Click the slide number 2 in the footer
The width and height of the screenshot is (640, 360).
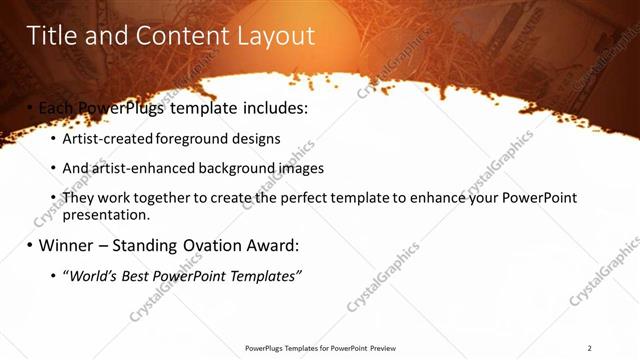click(x=590, y=348)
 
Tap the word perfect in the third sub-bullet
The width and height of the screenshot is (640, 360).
click(x=292, y=198)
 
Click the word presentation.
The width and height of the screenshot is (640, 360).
click(x=105, y=214)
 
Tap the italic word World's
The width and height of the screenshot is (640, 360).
click(x=92, y=275)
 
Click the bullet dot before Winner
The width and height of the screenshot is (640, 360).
click(x=29, y=245)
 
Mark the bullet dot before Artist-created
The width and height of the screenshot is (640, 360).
click(x=53, y=139)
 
